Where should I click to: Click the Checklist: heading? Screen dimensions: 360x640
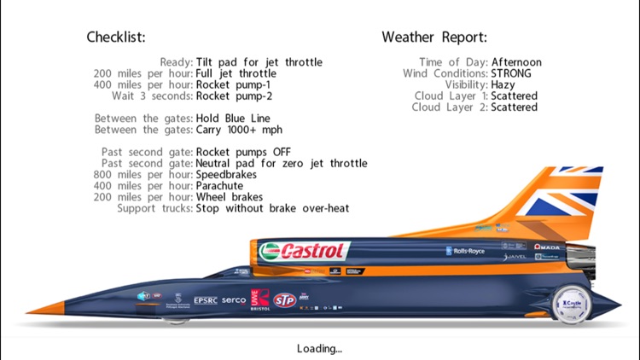(116, 38)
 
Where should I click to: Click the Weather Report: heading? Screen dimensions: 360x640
(434, 38)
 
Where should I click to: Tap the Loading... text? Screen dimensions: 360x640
(319, 348)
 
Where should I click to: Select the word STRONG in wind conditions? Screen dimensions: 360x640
(511, 73)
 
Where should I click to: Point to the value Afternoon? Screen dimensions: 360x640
(516, 62)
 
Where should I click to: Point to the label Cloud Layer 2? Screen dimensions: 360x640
(450, 107)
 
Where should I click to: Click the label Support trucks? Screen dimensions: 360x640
(154, 208)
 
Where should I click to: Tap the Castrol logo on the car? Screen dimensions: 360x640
(305, 251)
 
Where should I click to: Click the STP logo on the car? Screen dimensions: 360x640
(283, 299)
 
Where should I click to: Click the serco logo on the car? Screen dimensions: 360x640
(233, 300)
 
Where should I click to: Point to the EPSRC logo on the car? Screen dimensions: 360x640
(206, 300)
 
